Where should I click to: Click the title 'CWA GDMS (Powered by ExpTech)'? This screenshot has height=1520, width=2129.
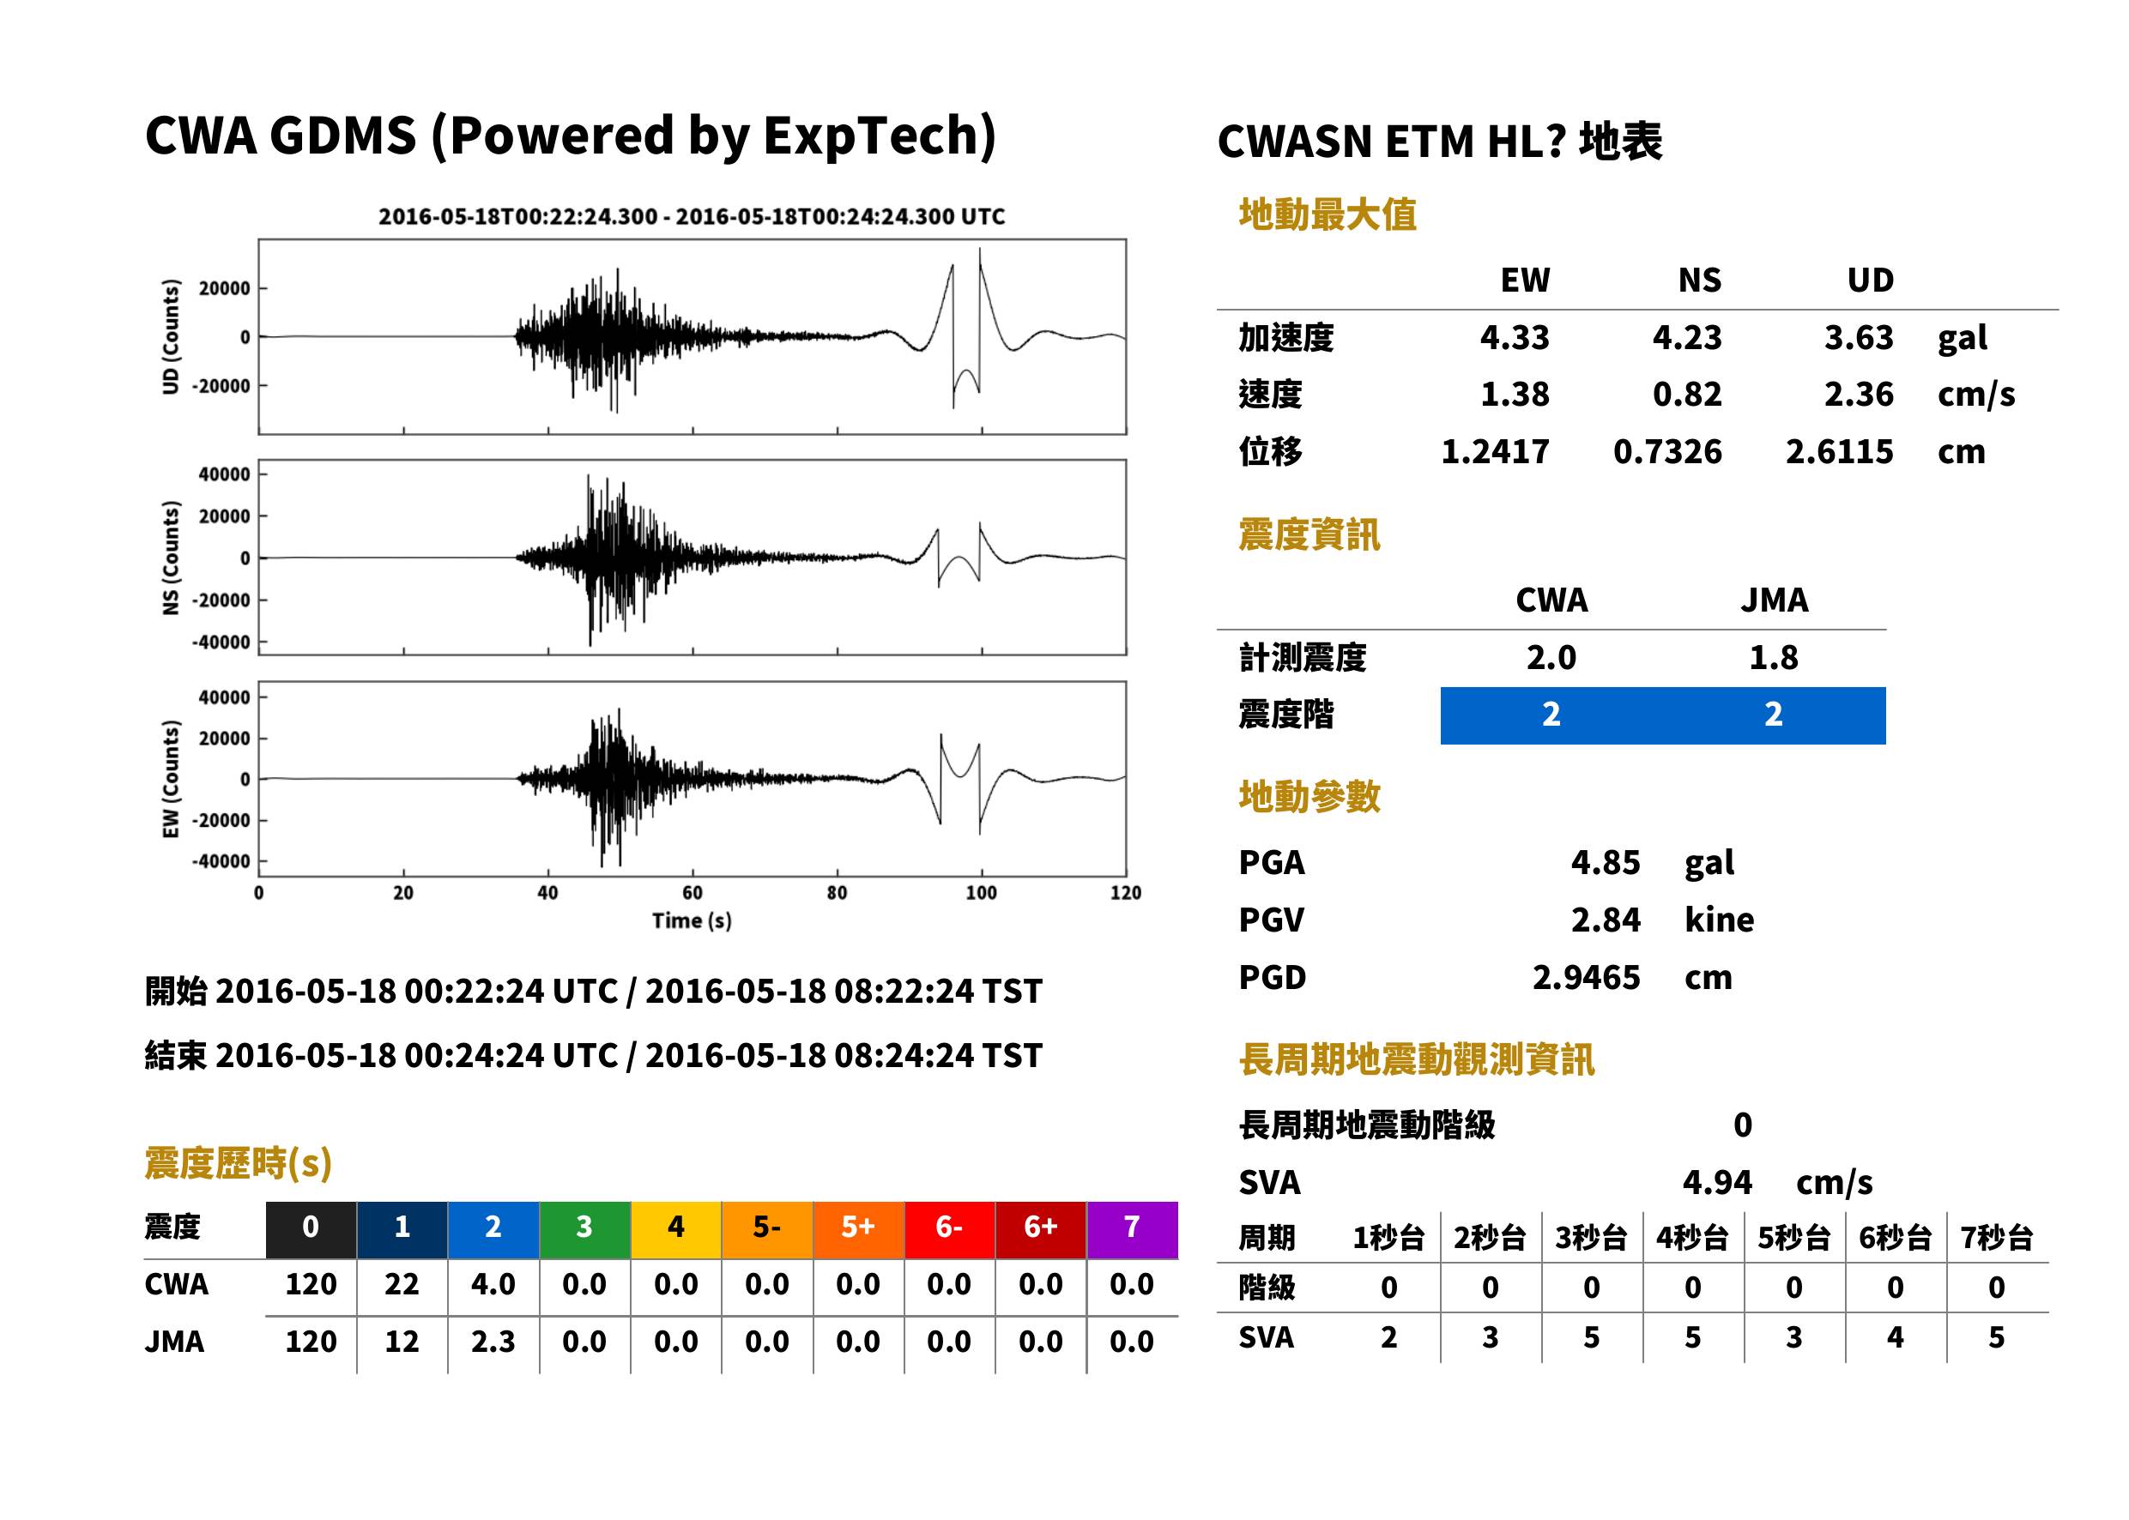[x=570, y=136]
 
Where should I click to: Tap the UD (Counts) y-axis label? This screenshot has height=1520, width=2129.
[x=171, y=337]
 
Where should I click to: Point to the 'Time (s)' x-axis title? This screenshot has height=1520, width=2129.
[x=692, y=921]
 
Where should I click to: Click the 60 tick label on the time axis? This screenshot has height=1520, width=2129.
[x=692, y=893]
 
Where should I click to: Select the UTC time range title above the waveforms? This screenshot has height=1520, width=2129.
[x=692, y=217]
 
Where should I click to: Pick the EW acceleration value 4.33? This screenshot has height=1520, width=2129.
[x=1514, y=338]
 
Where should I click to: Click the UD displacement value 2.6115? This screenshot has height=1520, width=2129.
[x=1839, y=452]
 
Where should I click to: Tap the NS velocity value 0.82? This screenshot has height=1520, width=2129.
[x=1687, y=395]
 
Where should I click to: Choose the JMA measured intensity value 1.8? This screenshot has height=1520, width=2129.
[x=1773, y=658]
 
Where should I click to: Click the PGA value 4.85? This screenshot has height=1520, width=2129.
[x=1606, y=863]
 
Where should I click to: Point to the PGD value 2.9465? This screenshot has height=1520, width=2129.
[x=1586, y=978]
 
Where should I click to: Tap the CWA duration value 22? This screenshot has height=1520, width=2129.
[x=402, y=1284]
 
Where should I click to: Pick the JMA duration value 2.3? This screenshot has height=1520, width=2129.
[x=493, y=1342]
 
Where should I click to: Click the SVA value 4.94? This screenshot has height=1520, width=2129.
[x=1717, y=1183]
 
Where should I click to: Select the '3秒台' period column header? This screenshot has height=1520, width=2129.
[x=1592, y=1239]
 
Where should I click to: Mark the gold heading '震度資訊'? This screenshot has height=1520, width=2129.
[x=1309, y=535]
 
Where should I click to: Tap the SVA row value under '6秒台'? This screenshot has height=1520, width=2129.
[x=1895, y=1338]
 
